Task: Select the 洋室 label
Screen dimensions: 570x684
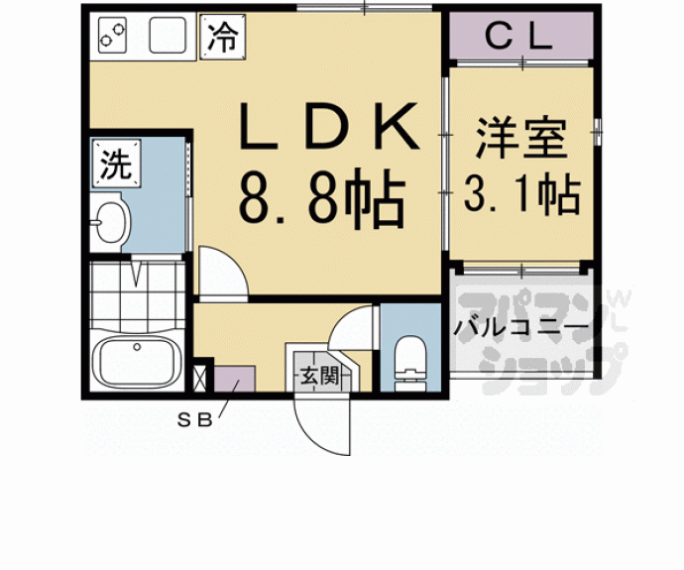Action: pyautogui.click(x=519, y=139)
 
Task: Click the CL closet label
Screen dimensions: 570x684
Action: pyautogui.click(x=518, y=38)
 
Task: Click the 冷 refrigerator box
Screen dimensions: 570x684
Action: pyautogui.click(x=223, y=40)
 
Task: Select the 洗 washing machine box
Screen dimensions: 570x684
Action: pyautogui.click(x=116, y=164)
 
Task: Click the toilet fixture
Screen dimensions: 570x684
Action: pyautogui.click(x=407, y=362)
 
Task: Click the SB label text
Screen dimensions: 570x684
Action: pyautogui.click(x=195, y=419)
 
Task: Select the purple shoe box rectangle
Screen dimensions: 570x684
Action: pyautogui.click(x=234, y=382)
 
